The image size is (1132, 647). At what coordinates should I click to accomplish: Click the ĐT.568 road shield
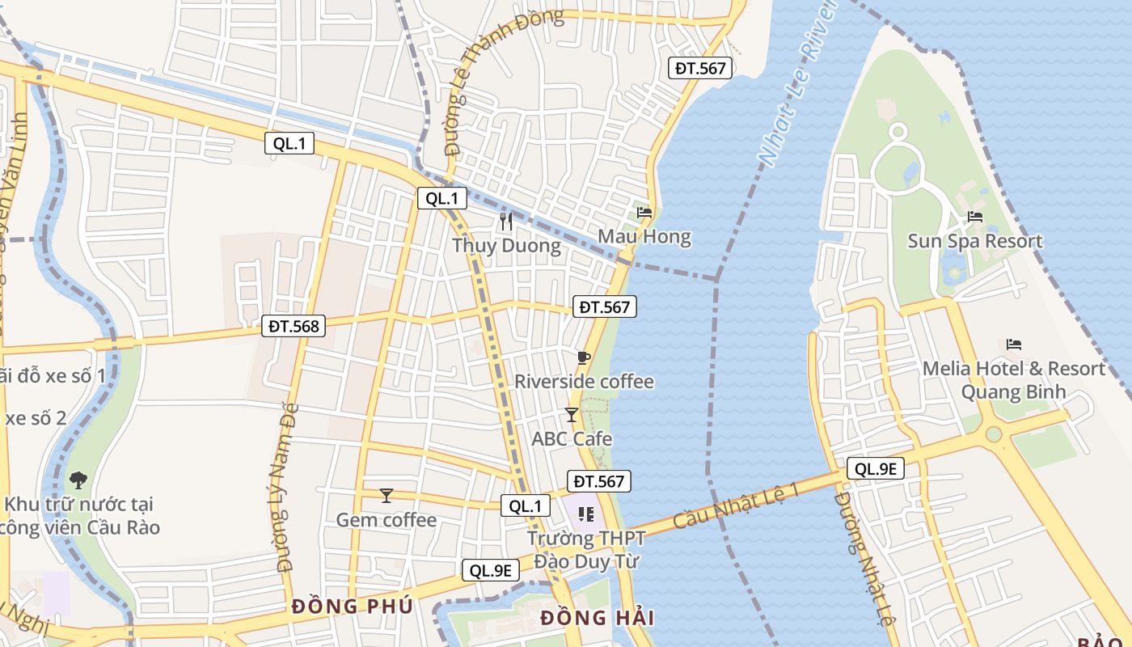[x=294, y=327]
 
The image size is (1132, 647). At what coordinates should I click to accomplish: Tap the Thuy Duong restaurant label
[x=506, y=246]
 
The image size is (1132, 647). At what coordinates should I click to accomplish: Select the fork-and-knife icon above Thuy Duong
[x=506, y=222]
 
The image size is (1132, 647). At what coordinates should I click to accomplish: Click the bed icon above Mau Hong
[x=644, y=213]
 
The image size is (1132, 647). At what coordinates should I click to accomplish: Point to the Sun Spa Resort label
[x=974, y=241]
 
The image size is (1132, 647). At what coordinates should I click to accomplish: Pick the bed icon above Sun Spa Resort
[x=975, y=217]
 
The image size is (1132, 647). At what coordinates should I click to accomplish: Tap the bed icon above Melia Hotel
[x=1014, y=345]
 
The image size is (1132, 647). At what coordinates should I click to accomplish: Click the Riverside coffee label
[x=584, y=381]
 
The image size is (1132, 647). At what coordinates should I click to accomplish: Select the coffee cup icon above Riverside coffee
[x=584, y=357]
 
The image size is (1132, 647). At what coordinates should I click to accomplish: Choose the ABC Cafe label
[x=572, y=439]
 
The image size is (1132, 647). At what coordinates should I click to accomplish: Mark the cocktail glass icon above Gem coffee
[x=386, y=495]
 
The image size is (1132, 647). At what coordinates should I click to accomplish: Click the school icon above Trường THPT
[x=586, y=514]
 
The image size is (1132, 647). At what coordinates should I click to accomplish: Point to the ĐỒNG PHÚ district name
[x=352, y=606]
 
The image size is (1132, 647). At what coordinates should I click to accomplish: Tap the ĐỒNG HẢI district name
[x=597, y=619]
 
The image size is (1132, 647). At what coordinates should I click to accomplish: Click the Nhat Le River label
[x=797, y=81]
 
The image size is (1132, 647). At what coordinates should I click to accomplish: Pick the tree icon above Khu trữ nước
[x=78, y=480]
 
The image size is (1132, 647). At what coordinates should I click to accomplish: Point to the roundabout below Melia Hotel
[x=994, y=433]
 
